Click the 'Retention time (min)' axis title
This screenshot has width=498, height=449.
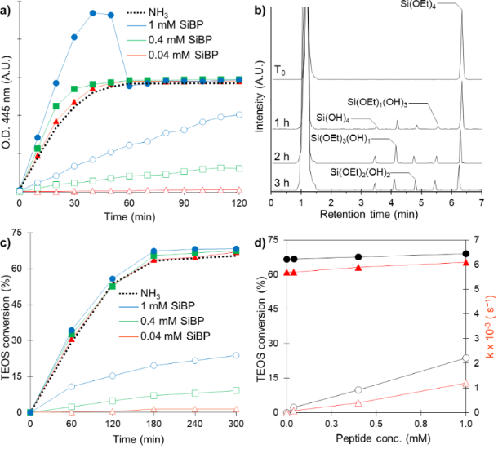click(x=376, y=216)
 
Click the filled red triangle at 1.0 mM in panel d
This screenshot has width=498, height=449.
click(x=465, y=262)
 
